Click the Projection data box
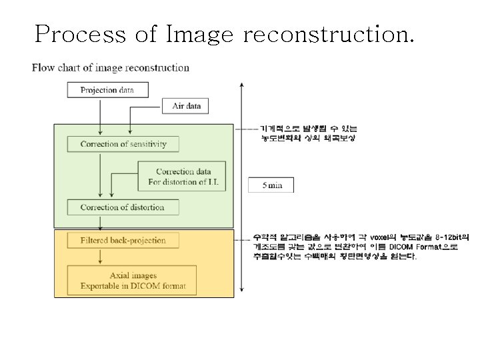(x=107, y=90)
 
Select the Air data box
(x=186, y=105)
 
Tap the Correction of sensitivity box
(x=123, y=143)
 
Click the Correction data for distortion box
(x=182, y=177)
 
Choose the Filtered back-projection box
(x=123, y=240)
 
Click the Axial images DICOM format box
(x=133, y=281)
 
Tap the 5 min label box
(x=271, y=185)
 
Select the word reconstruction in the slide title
(x=329, y=33)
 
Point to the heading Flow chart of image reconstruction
(x=111, y=67)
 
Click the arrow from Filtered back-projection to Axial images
(x=99, y=256)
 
